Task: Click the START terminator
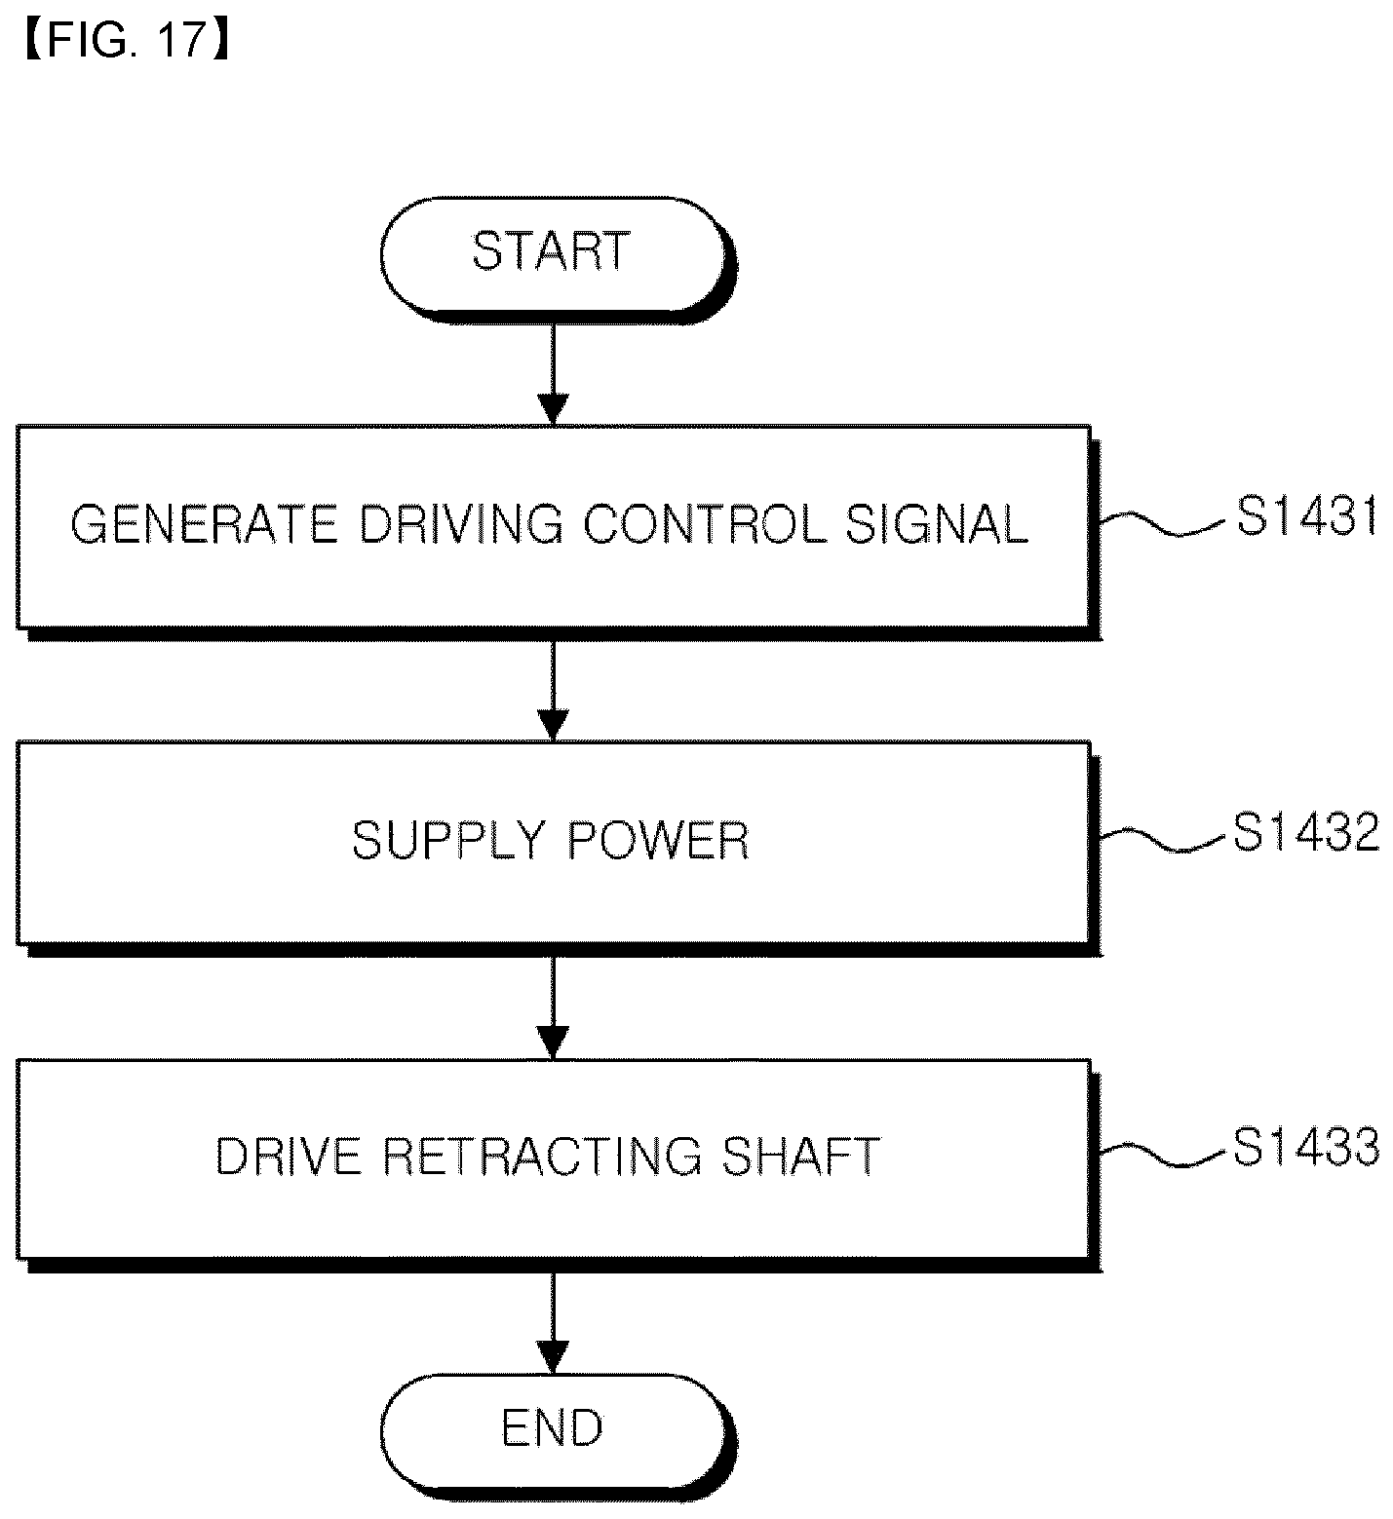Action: [554, 254]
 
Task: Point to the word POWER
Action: [659, 841]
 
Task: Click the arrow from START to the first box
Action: [553, 371]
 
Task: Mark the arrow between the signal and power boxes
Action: [553, 689]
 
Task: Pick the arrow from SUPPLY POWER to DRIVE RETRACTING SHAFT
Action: [553, 1006]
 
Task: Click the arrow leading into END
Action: [553, 1322]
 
